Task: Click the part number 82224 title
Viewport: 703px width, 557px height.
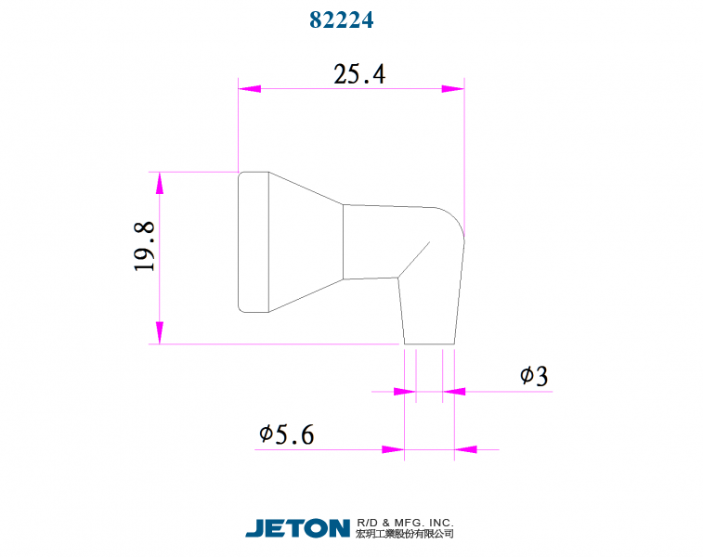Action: pyautogui.click(x=341, y=19)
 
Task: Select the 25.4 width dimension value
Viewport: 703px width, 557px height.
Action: pyautogui.click(x=359, y=75)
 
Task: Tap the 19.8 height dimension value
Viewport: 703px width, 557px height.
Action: pyautogui.click(x=144, y=246)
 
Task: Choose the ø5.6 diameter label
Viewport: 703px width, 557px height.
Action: pyautogui.click(x=287, y=434)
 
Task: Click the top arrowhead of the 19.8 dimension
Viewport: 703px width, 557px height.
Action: pyautogui.click(x=160, y=183)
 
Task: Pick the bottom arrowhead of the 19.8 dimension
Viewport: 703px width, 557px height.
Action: pyautogui.click(x=160, y=332)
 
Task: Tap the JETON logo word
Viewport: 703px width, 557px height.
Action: pyautogui.click(x=297, y=528)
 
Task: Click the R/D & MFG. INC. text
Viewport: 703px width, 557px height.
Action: pyautogui.click(x=405, y=523)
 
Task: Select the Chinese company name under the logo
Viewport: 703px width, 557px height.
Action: pyautogui.click(x=405, y=535)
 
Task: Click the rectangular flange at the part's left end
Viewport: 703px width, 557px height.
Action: pyautogui.click(x=254, y=241)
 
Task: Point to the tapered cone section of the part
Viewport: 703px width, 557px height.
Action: pyautogui.click(x=306, y=241)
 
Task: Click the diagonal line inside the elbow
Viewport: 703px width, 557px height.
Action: pyautogui.click(x=415, y=259)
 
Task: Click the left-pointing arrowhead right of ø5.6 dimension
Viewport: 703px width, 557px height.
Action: pyautogui.click(x=465, y=450)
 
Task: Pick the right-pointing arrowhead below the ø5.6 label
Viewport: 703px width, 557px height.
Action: pyautogui.click(x=393, y=450)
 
